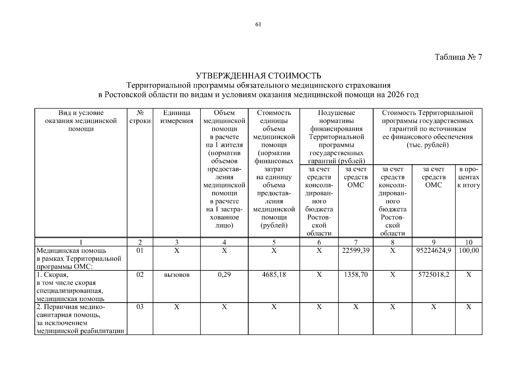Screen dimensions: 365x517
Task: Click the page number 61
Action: [x=258, y=25]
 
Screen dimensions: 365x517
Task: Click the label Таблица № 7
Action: [x=458, y=57]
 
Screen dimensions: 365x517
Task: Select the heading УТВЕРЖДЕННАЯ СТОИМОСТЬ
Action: [x=258, y=75]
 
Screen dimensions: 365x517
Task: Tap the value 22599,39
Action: [x=356, y=250]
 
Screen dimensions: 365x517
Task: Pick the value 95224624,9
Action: [x=434, y=250]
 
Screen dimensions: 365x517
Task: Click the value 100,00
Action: [x=469, y=250]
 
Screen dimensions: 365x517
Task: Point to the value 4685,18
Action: [x=274, y=275]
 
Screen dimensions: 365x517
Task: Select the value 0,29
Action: [x=224, y=275]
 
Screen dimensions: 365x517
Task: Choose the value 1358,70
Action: [x=356, y=275]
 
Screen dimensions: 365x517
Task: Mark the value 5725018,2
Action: [x=434, y=275]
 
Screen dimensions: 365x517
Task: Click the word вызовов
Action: [x=177, y=275]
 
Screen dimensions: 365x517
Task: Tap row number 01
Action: [x=140, y=250]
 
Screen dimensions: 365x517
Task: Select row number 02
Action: [x=140, y=275]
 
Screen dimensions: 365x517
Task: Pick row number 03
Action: [x=140, y=307]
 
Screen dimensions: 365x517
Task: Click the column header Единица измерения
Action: [x=177, y=117]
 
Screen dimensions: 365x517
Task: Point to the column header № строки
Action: [x=140, y=117]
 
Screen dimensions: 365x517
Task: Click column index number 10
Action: [x=469, y=242]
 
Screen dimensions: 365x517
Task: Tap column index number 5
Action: [x=274, y=242]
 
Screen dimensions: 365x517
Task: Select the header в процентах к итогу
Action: [x=469, y=177]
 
